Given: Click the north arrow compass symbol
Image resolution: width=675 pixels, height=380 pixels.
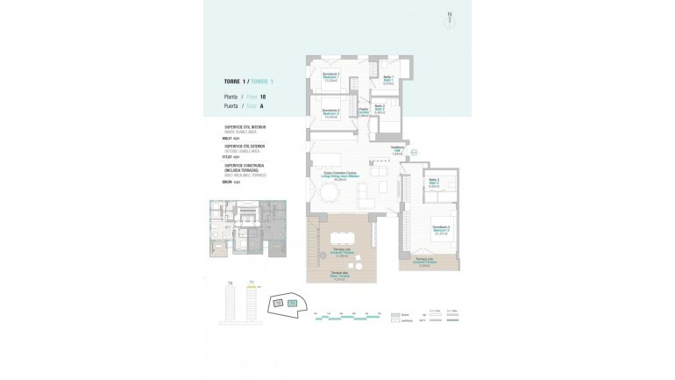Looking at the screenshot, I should (449, 16).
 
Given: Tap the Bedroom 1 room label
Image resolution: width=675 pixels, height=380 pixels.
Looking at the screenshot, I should (331, 76).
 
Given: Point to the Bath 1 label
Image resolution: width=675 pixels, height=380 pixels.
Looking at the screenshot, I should (387, 81).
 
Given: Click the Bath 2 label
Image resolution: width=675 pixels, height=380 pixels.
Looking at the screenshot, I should (380, 110).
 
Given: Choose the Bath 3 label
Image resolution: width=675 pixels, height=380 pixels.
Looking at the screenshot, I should (433, 184).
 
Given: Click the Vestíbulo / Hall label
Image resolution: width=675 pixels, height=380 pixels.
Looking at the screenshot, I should (397, 152).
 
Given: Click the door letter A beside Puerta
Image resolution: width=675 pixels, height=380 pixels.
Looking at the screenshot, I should (261, 106).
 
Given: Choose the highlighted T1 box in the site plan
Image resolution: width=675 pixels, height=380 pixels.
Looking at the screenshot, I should (293, 303).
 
